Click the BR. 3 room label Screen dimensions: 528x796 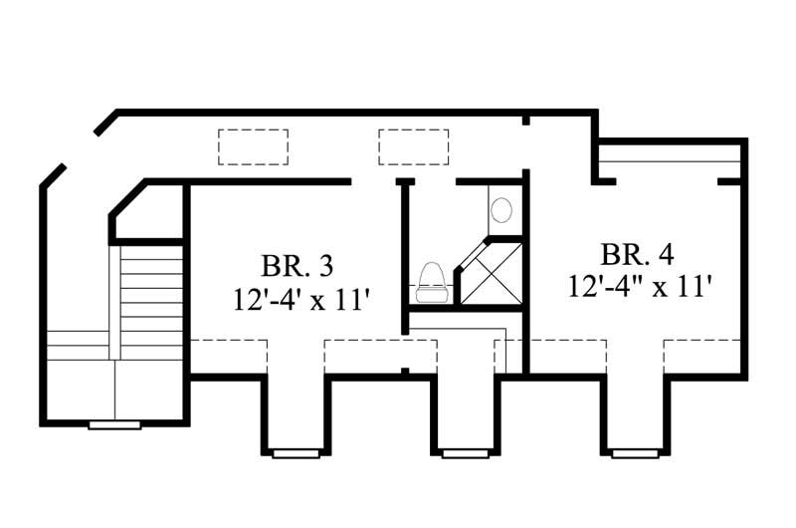pyautogui.click(x=296, y=266)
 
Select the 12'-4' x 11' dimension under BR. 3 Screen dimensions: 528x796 pyautogui.click(x=296, y=298)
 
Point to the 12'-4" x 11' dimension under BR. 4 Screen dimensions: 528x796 pyautogui.click(x=642, y=286)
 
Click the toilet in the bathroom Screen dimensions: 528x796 pyautogui.click(x=433, y=282)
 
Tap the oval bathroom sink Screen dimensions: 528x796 pyautogui.click(x=502, y=209)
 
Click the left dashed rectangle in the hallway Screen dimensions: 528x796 pyautogui.click(x=254, y=146)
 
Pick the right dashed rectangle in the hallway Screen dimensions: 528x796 pyautogui.click(x=413, y=146)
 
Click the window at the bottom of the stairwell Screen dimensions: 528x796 pyautogui.click(x=114, y=424)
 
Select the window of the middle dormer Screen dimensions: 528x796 pyautogui.click(x=466, y=453)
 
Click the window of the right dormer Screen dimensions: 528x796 pyautogui.click(x=635, y=453)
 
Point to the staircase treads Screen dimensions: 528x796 pyautogui.click(x=151, y=289)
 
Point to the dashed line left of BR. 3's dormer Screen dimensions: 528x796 pyautogui.click(x=228, y=341)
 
